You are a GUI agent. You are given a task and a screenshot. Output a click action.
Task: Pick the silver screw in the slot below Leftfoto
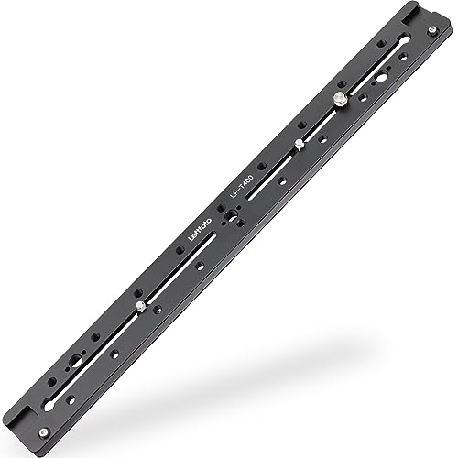pos(137,306)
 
